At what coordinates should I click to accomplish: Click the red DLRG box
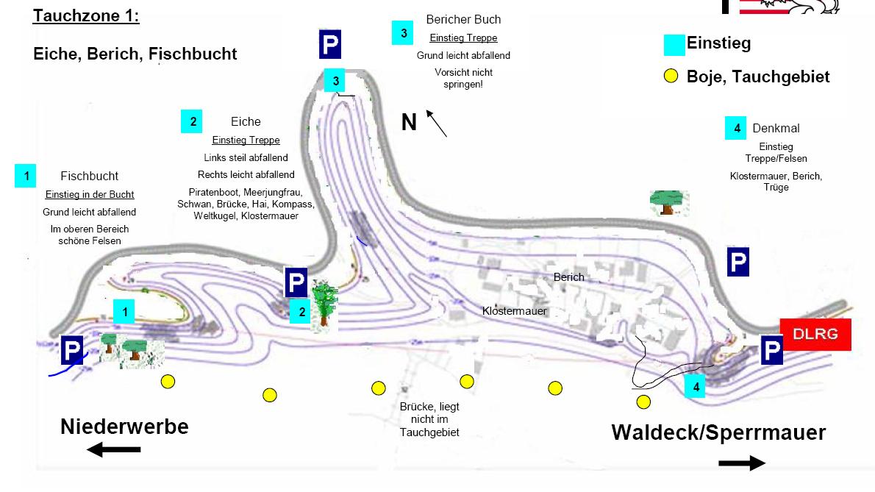point(815,335)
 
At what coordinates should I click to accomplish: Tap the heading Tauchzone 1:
point(86,16)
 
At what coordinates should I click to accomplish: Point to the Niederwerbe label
point(124,427)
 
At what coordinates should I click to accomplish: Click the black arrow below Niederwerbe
point(113,450)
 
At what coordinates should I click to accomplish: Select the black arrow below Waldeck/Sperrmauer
point(742,463)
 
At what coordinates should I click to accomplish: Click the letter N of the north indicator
point(409,122)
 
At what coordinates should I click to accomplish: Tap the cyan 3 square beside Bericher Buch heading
point(403,33)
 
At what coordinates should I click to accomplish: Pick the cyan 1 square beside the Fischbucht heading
point(26,177)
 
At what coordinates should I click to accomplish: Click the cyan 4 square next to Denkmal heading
point(737,128)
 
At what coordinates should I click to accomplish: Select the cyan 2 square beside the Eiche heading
point(193,121)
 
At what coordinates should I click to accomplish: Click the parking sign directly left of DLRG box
point(771,351)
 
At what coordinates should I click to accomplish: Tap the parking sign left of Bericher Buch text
point(330,44)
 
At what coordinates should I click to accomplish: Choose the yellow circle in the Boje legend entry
point(671,76)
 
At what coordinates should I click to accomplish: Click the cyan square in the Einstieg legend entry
point(674,44)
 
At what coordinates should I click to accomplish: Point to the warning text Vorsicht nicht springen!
point(463,78)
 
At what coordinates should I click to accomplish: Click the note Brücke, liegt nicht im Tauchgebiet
point(429,419)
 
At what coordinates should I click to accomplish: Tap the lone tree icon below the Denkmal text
point(668,202)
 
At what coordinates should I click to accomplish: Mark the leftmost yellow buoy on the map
point(168,381)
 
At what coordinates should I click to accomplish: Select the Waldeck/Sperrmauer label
point(718,432)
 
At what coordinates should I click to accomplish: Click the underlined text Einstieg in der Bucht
point(89,194)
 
